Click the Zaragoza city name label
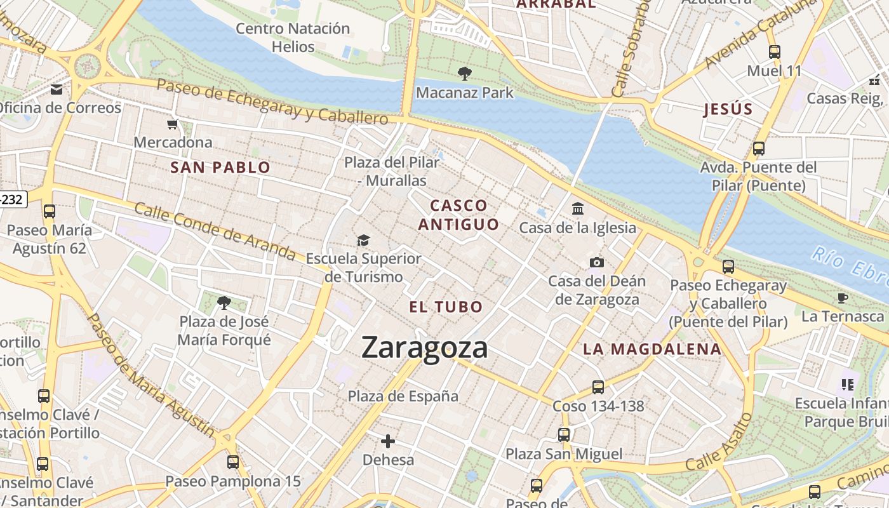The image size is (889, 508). [425, 347]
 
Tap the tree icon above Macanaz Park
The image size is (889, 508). [464, 73]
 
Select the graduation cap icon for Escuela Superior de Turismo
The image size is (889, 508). [363, 240]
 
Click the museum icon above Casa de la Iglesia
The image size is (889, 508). [578, 208]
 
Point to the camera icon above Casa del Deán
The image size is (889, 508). [596, 262]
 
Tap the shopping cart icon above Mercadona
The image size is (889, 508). [172, 124]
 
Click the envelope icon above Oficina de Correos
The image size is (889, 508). [57, 90]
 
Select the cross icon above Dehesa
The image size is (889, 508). [388, 441]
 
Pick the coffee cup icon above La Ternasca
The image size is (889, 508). [843, 297]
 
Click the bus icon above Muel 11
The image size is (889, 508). [774, 52]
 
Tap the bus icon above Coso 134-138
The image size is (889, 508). [598, 387]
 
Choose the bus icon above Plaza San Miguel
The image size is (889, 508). [563, 435]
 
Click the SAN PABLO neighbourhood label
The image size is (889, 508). [221, 168]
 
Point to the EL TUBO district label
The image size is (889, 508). [446, 307]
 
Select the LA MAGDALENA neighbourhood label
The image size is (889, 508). [652, 349]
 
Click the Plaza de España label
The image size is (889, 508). [403, 396]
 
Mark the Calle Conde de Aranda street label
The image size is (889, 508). [215, 231]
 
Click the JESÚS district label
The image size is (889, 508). [728, 109]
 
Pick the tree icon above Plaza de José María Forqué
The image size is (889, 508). [224, 303]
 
